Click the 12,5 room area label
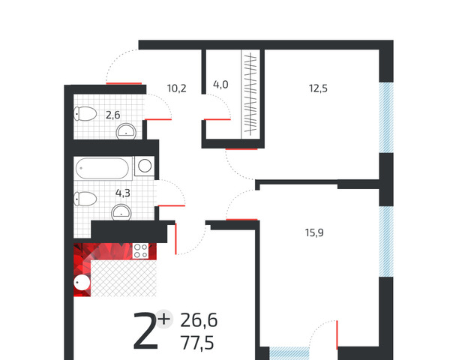click(318, 88)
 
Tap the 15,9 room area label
click(314, 232)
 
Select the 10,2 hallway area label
click(176, 88)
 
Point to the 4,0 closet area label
click(220, 85)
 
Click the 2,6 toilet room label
click(112, 115)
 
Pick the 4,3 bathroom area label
click(123, 193)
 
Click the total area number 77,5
click(197, 343)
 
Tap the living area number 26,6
click(199, 320)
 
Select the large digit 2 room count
click(145, 331)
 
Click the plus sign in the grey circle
click(164, 319)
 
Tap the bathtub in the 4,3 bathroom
click(102, 168)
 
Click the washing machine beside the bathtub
click(145, 166)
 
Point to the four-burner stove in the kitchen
click(141, 251)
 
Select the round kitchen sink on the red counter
click(82, 283)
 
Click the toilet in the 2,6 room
click(85, 114)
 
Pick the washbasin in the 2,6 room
click(126, 131)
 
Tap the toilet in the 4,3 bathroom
click(85, 199)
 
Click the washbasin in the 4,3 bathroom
click(121, 212)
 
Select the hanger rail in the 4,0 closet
click(250, 94)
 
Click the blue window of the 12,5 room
click(386, 118)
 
